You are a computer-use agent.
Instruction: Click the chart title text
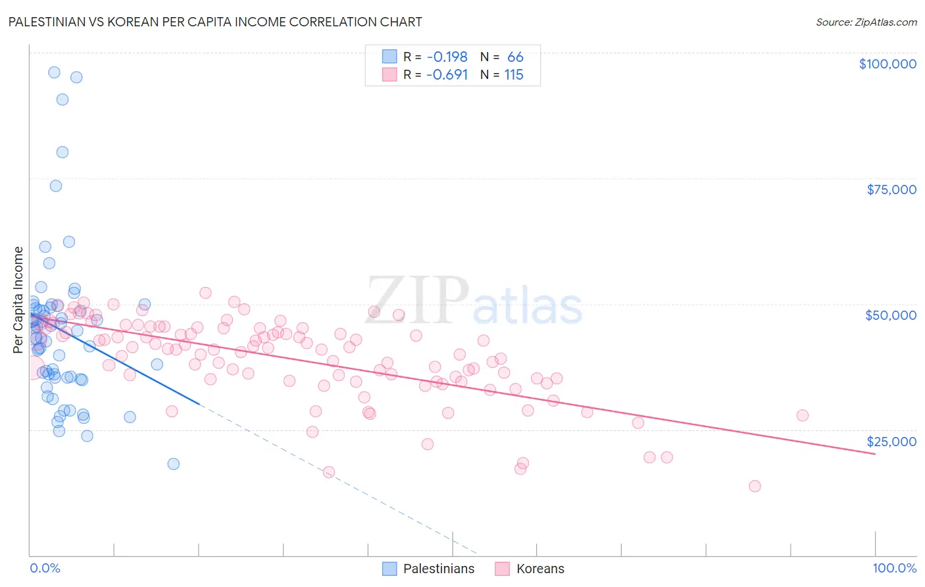click(x=215, y=22)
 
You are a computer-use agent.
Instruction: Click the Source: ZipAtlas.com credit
click(x=866, y=22)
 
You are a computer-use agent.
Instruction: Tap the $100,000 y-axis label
click(x=887, y=64)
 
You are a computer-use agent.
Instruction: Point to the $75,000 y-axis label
click(x=891, y=190)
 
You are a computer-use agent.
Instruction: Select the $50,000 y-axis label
click(x=891, y=315)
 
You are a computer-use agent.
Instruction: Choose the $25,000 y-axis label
click(x=891, y=441)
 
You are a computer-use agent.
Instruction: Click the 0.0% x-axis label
click(x=45, y=568)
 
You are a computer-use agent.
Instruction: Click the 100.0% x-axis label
click(x=894, y=568)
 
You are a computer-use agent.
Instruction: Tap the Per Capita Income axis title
click(x=18, y=299)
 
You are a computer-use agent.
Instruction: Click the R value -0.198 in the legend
click(x=447, y=57)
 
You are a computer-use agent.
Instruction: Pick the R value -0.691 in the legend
click(x=447, y=74)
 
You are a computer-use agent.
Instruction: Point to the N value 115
click(x=514, y=74)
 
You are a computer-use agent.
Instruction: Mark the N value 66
click(x=515, y=57)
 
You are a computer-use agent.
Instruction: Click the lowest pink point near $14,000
click(x=755, y=486)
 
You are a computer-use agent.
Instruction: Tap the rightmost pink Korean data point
click(x=802, y=415)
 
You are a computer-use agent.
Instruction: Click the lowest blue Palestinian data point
click(x=173, y=464)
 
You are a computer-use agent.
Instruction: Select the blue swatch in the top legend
click(x=389, y=57)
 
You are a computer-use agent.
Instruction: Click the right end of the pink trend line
click(x=875, y=454)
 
